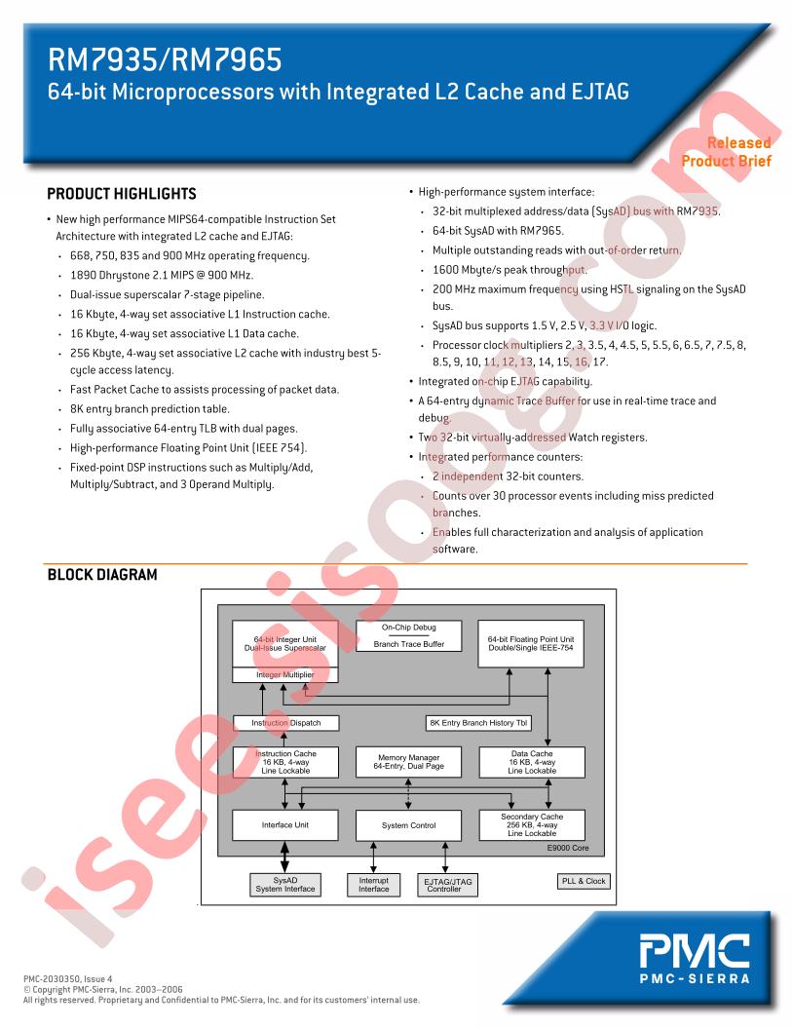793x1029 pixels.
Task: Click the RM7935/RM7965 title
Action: tap(165, 59)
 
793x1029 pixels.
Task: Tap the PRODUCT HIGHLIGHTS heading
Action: tap(122, 194)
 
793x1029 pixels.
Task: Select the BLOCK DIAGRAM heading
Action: tap(102, 575)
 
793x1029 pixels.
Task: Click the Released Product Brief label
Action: tap(726, 152)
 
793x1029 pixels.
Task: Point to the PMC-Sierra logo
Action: tap(695, 960)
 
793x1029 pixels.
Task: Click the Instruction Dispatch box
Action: tap(286, 723)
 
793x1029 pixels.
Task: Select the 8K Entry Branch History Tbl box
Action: tap(478, 723)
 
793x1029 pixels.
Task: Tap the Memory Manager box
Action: tap(408, 762)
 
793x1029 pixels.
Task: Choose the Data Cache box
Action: tap(532, 763)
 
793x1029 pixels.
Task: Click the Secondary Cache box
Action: tap(532, 825)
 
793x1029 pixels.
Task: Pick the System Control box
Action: tap(408, 825)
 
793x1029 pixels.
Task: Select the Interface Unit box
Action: tap(285, 825)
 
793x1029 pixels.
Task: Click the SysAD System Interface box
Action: tap(285, 885)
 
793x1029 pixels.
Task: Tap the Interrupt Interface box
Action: tap(374, 885)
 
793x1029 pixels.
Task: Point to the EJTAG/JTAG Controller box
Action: tap(447, 885)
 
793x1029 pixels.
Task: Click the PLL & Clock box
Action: tap(584, 881)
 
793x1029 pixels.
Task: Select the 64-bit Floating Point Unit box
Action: tap(531, 644)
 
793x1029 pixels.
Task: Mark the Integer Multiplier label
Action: tap(285, 674)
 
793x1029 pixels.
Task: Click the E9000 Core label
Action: tap(568, 848)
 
